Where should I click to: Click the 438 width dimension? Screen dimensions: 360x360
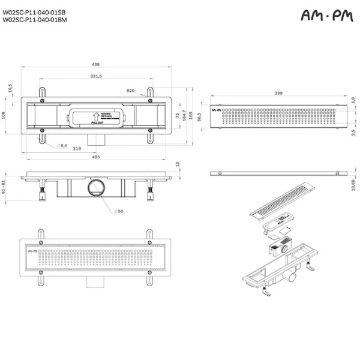[x=96, y=64]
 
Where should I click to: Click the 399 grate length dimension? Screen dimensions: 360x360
[x=278, y=94]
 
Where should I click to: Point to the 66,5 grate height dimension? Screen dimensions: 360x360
[x=199, y=118]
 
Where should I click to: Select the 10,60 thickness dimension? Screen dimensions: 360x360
[x=353, y=186]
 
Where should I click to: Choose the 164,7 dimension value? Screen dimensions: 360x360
[x=185, y=116]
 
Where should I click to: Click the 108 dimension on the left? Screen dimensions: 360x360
[x=4, y=116]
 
